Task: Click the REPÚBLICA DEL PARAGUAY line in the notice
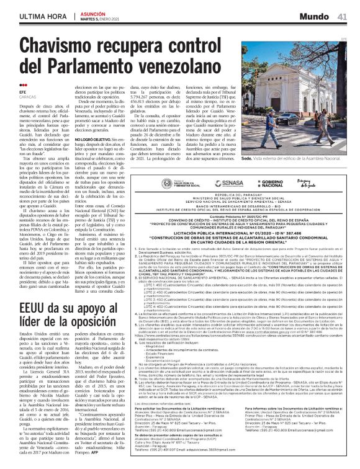[x=256, y=177]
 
